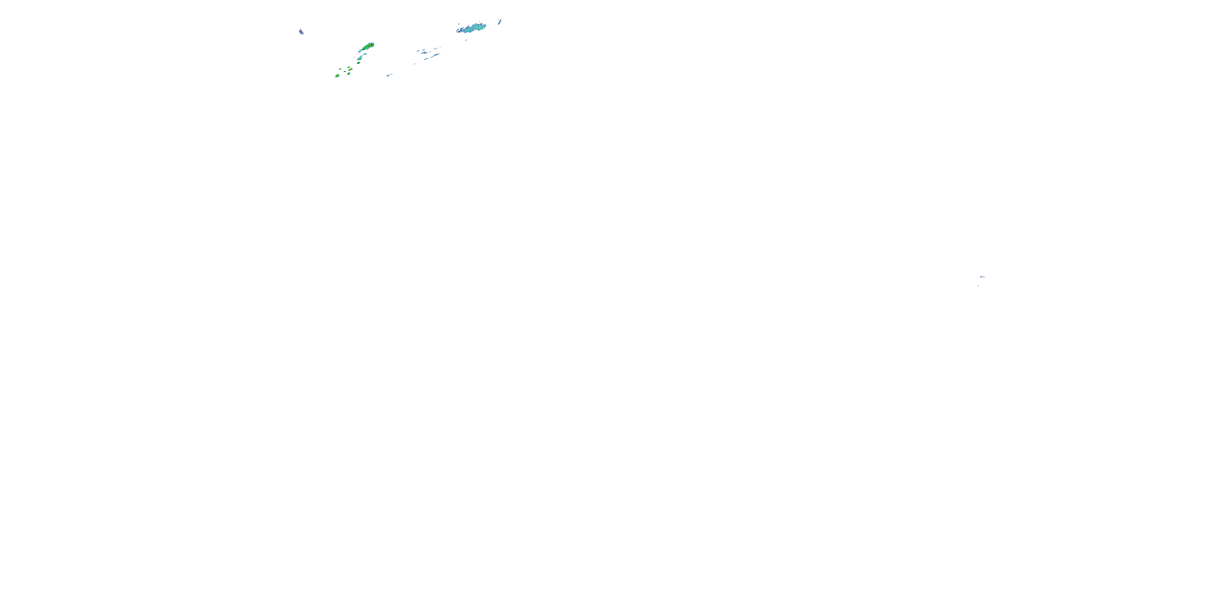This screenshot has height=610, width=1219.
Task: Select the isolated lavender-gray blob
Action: click(301, 32)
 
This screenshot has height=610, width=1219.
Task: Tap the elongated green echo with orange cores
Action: click(368, 47)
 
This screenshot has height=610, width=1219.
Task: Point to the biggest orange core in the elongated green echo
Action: click(371, 46)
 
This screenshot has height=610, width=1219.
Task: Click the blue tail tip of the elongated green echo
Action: click(360, 52)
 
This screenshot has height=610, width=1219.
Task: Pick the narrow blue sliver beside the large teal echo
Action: click(500, 22)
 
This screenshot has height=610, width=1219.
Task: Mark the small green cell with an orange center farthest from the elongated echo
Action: click(337, 76)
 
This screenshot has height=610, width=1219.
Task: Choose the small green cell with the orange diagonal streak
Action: click(351, 70)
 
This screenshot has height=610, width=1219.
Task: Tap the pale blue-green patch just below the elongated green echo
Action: click(365, 54)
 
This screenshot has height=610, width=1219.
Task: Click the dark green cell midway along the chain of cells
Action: click(359, 63)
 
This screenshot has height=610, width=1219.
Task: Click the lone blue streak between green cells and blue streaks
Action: click(388, 75)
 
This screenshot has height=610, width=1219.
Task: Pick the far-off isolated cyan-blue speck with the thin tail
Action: click(983, 277)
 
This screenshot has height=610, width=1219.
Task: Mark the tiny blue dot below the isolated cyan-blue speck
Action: click(978, 285)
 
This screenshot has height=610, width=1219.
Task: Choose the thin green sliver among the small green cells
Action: click(345, 72)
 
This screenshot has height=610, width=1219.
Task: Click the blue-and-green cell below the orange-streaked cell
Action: click(349, 74)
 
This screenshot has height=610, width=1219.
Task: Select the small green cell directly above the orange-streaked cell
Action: click(349, 67)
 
